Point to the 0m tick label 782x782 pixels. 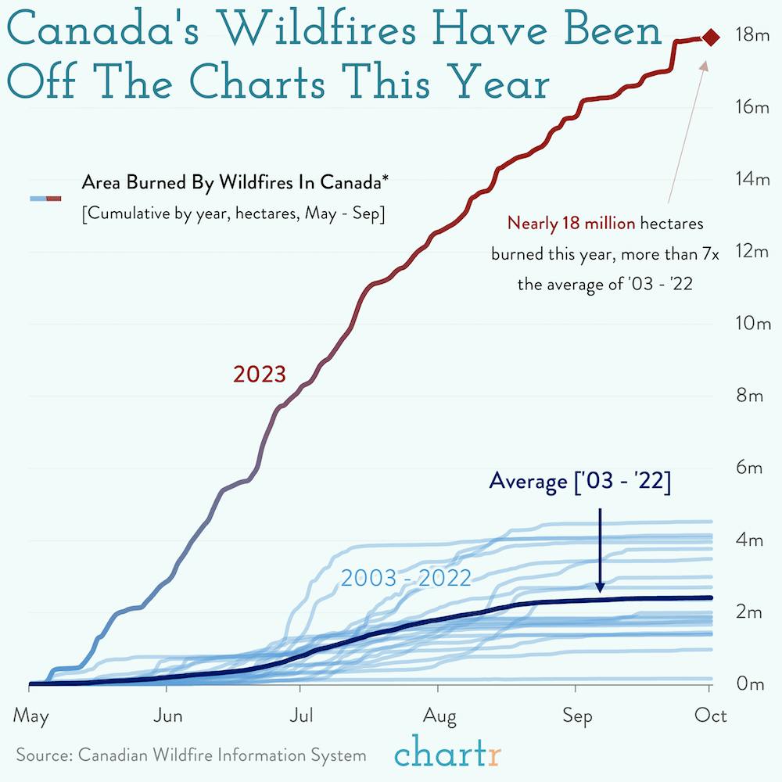750,684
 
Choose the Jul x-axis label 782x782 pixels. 302,716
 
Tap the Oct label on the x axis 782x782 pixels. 711,716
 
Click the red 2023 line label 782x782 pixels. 260,375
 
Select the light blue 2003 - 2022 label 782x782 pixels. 406,579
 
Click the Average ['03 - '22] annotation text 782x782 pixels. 579,482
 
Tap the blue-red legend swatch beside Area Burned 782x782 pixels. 45,199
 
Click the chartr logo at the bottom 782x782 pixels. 448,755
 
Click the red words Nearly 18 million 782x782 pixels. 572,224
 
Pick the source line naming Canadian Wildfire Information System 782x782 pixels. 191,755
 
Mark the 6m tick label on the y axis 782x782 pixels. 750,468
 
